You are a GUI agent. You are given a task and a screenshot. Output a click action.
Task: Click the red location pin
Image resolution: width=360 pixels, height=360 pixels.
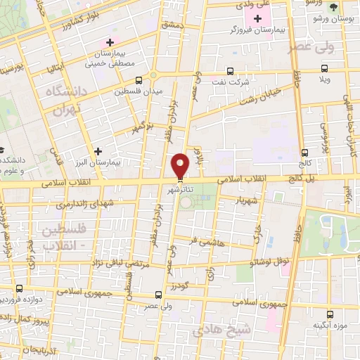click(181, 166)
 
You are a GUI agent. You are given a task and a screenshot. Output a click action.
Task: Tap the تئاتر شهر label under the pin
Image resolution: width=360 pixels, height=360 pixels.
click(179, 190)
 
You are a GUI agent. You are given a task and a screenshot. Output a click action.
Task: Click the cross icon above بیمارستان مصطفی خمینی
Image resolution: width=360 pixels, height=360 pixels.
click(110, 43)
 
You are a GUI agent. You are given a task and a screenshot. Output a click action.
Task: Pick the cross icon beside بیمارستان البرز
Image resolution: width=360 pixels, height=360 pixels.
click(98, 151)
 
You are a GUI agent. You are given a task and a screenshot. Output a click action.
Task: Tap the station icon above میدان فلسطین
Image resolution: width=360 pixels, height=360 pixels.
click(138, 80)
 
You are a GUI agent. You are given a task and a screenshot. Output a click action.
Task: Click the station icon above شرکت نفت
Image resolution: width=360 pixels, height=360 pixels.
click(231, 71)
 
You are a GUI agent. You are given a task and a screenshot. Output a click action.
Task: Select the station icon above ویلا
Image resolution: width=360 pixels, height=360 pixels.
click(323, 69)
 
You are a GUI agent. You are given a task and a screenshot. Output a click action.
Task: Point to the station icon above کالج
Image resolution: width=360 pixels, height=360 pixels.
click(304, 153)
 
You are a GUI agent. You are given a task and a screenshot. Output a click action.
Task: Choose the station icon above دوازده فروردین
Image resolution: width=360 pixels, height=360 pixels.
click(19, 288)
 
